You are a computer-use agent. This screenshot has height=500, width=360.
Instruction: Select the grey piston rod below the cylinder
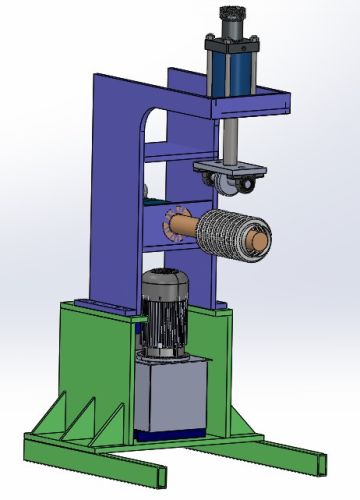(x=229, y=135)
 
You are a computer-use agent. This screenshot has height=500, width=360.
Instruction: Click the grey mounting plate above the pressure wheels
(x=228, y=166)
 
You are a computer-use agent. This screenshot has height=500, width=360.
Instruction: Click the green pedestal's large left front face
(x=95, y=365)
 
